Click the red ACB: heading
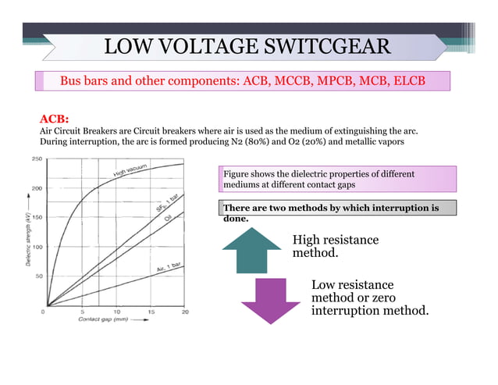[x=55, y=119]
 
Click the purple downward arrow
[x=270, y=301]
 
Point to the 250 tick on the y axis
[x=36, y=159]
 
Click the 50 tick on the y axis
[x=37, y=276]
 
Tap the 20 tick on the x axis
[x=185, y=312]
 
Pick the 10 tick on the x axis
[x=116, y=312]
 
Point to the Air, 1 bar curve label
[x=168, y=268]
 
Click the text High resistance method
[x=335, y=246]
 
